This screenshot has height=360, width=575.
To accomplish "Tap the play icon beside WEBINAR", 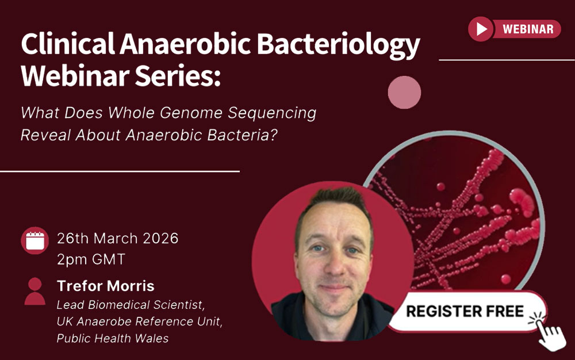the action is (481, 29).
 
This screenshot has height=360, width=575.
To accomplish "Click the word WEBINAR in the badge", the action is (528, 29).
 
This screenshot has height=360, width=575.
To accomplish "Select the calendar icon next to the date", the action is (35, 240).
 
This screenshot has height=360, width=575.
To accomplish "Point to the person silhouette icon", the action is (35, 292).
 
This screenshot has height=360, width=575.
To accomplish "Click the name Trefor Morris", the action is (106, 286).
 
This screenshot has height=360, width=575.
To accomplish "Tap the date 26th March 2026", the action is (118, 238).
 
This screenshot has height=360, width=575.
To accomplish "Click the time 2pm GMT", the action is (91, 259).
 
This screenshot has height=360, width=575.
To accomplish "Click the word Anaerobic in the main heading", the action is (185, 44).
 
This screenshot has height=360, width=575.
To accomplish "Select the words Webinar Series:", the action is (121, 76).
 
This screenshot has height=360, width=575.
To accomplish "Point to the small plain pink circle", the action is (404, 93).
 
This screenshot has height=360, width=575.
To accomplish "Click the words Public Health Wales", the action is (113, 338).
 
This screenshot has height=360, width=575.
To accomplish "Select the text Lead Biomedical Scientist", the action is (130, 305).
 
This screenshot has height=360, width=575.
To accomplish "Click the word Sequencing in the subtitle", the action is (272, 113).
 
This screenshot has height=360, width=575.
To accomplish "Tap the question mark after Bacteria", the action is (273, 135).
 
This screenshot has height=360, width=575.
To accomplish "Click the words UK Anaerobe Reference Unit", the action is (139, 321).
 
